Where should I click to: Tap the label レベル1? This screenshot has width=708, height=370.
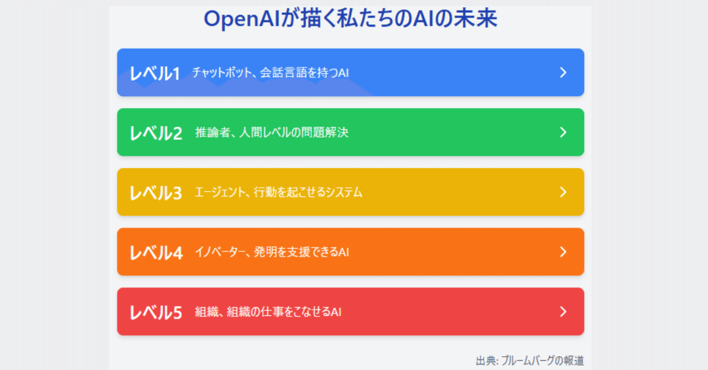[155, 73]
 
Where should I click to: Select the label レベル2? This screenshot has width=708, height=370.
[155, 133]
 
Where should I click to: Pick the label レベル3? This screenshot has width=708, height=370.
[155, 192]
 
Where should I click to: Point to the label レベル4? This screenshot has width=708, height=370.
[155, 252]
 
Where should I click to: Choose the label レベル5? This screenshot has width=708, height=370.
[155, 312]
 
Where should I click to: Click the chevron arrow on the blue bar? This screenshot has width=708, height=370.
[563, 72]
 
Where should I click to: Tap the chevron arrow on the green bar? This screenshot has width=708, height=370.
[563, 132]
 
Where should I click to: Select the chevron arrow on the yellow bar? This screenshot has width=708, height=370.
[563, 192]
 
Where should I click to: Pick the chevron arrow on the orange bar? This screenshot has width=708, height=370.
[563, 252]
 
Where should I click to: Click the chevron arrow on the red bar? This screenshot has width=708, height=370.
[563, 311]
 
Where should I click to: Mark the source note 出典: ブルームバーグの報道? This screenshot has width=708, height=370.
[529, 361]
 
